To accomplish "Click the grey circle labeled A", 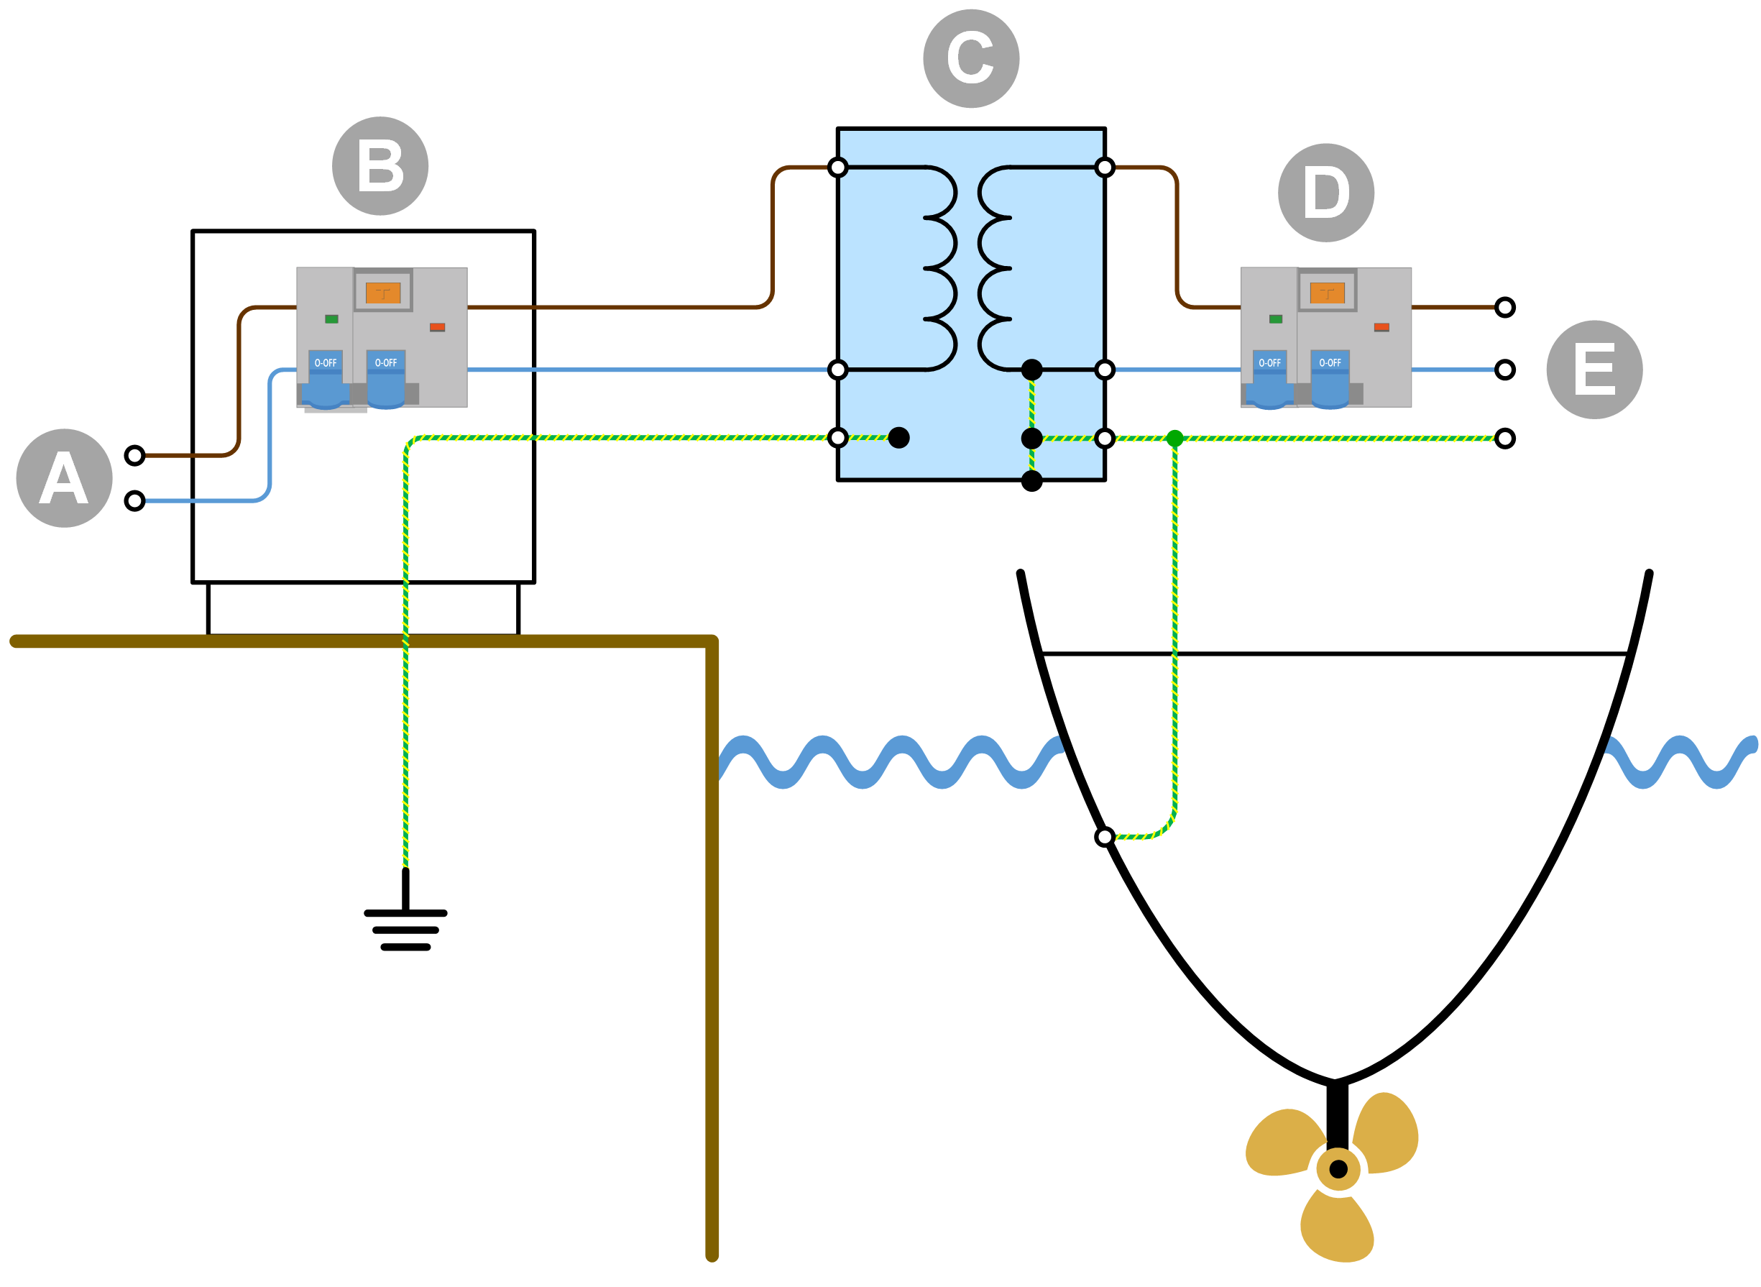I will coord(64,477).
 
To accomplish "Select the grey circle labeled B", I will coord(380,166).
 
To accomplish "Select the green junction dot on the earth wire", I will coord(1174,438).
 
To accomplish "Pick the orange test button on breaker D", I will coord(1325,293).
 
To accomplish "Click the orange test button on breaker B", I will coord(382,293).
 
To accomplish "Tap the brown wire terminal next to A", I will coord(134,455).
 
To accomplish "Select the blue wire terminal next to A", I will coord(134,500).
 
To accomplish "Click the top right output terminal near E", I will coord(1503,307).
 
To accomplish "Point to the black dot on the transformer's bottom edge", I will coord(1031,481).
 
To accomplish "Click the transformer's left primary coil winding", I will coord(941,268).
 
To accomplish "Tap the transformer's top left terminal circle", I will coord(837,168).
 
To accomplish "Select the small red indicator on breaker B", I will coord(437,327).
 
